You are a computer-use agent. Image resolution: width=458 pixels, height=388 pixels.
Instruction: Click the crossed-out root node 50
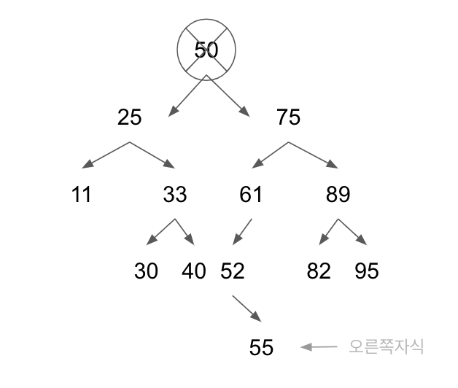point(206,50)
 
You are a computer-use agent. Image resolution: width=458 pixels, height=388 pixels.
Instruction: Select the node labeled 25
point(130,117)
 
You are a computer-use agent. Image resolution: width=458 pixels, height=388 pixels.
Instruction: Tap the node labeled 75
point(288,117)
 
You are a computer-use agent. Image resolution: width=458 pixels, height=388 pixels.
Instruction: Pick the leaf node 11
point(82,195)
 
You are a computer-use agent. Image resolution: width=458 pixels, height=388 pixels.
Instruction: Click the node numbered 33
point(175,195)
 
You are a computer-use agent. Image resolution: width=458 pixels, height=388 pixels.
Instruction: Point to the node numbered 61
point(250,195)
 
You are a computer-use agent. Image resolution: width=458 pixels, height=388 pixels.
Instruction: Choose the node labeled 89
point(338,195)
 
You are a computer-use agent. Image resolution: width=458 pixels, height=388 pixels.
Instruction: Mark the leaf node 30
point(146,271)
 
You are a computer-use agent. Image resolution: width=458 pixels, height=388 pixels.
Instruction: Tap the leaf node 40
point(194,271)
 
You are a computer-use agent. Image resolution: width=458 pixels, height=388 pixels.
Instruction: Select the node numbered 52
point(233,271)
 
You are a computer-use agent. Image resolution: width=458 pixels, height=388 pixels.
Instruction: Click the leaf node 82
point(319,271)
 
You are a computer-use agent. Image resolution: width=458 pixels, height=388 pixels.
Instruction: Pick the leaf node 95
point(367,271)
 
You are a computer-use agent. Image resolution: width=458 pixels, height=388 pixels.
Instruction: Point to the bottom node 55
point(261,348)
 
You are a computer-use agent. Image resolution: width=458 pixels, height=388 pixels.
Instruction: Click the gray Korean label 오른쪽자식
point(386,346)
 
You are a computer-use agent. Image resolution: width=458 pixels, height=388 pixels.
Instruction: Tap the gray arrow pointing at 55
point(319,347)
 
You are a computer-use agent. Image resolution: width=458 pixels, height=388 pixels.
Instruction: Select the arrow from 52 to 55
point(247,308)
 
